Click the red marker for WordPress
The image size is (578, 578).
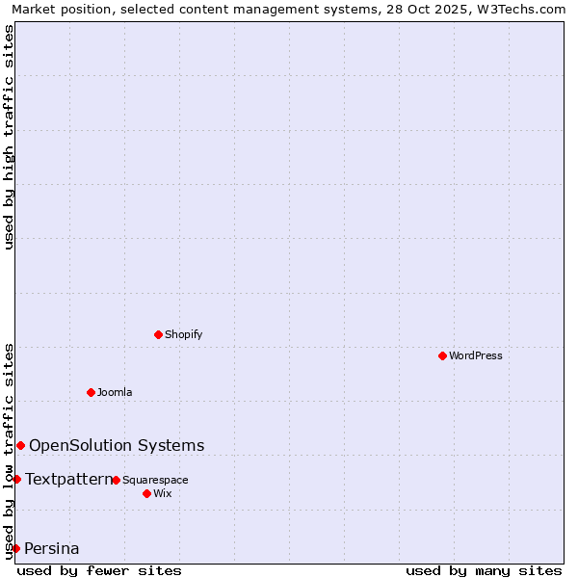tap(442, 355)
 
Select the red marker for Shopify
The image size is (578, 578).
tap(158, 334)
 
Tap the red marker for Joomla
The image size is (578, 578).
tap(91, 392)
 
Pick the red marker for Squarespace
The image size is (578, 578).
tap(116, 480)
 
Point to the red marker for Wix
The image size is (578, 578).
tap(146, 493)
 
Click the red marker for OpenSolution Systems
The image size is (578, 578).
tap(20, 445)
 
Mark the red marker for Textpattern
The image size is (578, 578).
tap(16, 479)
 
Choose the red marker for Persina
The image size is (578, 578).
tap(15, 548)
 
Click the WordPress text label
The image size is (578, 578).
tap(476, 355)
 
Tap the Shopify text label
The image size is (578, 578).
tap(183, 334)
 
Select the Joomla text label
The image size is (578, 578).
tap(115, 392)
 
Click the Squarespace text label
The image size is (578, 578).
tap(155, 480)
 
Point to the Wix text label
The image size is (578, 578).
tap(162, 493)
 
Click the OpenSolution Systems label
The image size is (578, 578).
tap(117, 445)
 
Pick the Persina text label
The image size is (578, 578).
tap(52, 549)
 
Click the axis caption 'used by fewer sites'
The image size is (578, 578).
tap(99, 570)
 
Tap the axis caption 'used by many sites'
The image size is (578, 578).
tap(484, 570)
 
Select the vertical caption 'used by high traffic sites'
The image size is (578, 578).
tap(9, 137)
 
